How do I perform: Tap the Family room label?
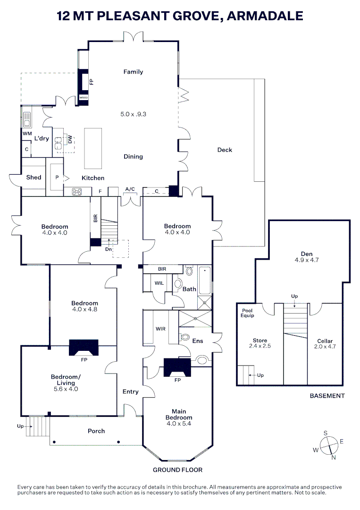click(133, 72)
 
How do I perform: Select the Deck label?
click(225, 150)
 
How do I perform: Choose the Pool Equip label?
click(248, 313)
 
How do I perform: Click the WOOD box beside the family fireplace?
click(84, 98)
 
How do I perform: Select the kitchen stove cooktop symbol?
click(76, 192)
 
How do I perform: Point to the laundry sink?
click(26, 118)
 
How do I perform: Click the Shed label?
click(33, 178)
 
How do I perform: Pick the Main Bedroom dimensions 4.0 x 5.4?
click(179, 424)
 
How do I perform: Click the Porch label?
click(96, 431)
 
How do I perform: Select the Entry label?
click(131, 391)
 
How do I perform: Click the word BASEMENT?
click(327, 396)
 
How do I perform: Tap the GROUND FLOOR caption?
click(177, 469)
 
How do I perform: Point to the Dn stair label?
click(108, 249)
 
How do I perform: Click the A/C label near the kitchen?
click(130, 189)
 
